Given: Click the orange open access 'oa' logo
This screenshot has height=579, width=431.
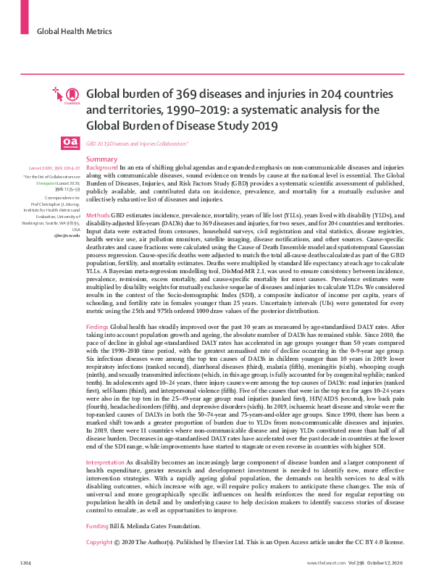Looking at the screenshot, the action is (69, 143).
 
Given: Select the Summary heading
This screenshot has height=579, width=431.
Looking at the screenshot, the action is (101, 159).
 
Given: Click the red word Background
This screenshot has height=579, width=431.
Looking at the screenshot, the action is (101, 167).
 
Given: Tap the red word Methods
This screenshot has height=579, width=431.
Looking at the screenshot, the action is (98, 216).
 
